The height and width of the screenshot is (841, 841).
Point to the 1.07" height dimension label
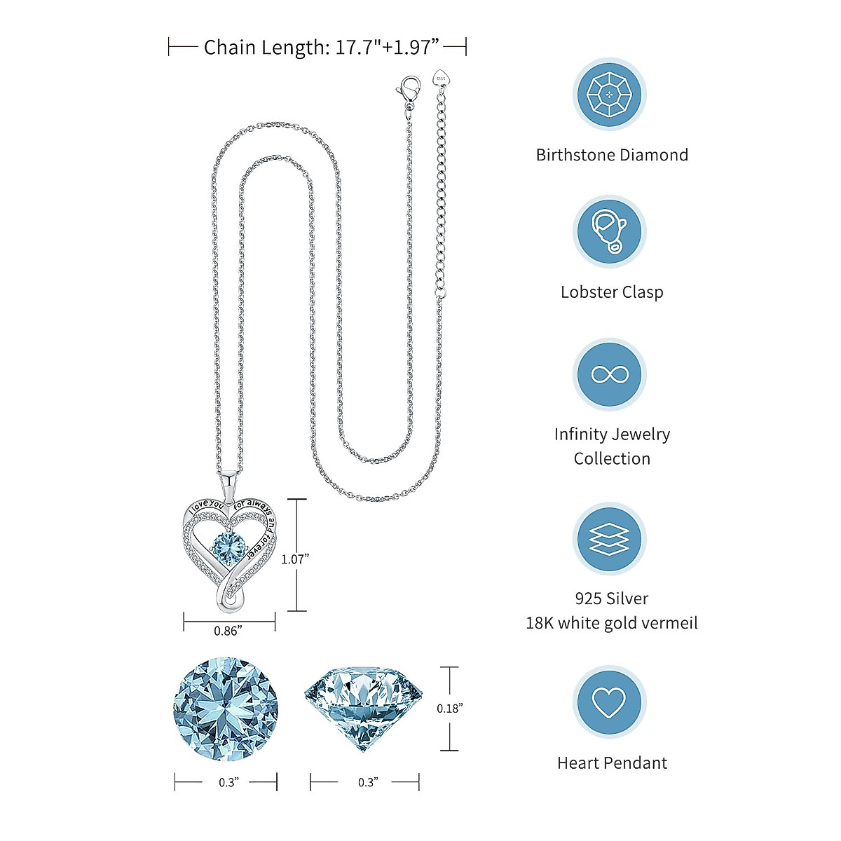(295, 559)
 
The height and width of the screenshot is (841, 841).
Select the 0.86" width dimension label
(228, 631)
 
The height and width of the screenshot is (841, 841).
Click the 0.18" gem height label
(450, 708)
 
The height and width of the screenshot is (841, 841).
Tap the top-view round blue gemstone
(226, 709)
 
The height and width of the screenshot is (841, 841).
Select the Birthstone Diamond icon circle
(609, 94)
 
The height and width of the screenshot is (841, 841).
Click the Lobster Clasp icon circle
(609, 231)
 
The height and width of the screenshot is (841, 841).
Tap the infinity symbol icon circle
(609, 374)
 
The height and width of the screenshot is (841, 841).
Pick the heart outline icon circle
(609, 702)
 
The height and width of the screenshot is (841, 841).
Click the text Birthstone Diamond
(612, 155)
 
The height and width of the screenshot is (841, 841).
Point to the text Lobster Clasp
(612, 292)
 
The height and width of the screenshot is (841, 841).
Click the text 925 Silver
(612, 599)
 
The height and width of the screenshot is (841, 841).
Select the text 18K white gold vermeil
(612, 623)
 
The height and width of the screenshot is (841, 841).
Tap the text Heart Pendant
(612, 763)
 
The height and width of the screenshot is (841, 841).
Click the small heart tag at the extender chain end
(442, 76)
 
